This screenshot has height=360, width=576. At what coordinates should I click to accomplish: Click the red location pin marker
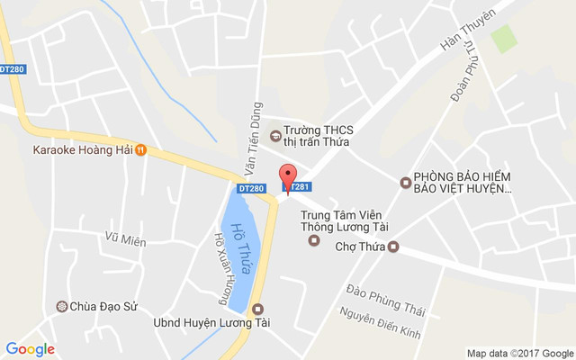click(x=287, y=177)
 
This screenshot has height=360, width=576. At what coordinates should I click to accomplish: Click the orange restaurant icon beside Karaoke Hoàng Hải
click(x=141, y=150)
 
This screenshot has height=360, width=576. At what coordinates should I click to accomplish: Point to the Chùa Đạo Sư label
click(x=103, y=307)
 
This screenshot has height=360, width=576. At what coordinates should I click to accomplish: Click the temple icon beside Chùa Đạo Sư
click(x=62, y=307)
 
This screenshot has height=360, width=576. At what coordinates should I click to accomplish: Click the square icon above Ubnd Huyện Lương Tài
click(x=258, y=309)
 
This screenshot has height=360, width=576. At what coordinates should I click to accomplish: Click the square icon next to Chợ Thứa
click(x=392, y=247)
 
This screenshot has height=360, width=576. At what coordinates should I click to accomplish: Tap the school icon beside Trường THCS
click(x=274, y=136)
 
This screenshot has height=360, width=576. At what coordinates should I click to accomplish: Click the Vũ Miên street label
click(x=125, y=239)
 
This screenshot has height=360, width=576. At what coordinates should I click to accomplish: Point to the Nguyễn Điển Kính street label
click(x=380, y=322)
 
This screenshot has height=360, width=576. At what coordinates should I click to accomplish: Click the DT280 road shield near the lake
click(x=252, y=188)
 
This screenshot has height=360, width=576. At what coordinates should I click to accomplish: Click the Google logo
click(x=30, y=349)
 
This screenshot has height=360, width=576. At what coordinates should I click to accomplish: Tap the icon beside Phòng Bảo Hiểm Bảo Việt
click(x=405, y=183)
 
